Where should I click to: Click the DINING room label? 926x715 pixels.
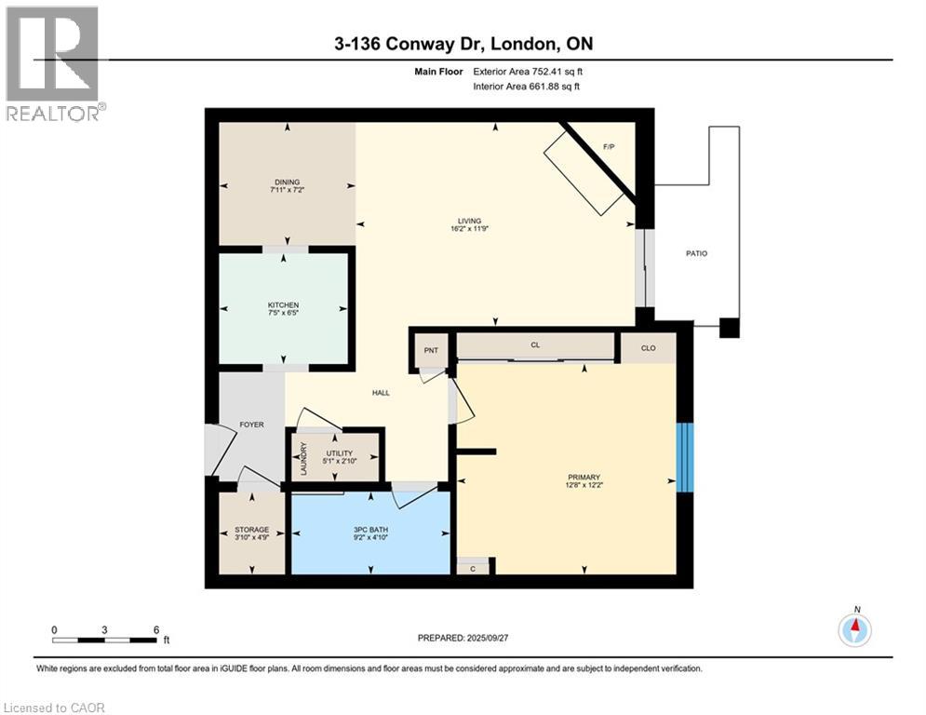pos(287,182)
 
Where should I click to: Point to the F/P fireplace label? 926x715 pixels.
pos(609,147)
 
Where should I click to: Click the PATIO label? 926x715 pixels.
pos(696,252)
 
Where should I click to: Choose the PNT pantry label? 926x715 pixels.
pos(431,350)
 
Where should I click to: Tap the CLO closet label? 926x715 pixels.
pos(649,348)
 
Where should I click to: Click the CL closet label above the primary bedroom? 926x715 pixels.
pos(535,345)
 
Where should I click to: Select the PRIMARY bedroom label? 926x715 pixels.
pos(584,477)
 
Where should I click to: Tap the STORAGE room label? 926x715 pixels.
pos(251,529)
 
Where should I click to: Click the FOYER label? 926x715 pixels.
pos(251,425)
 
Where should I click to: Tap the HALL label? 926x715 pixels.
pos(381,393)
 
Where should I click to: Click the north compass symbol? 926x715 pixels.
pos(854,630)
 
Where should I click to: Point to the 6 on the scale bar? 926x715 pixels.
pos(155,629)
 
